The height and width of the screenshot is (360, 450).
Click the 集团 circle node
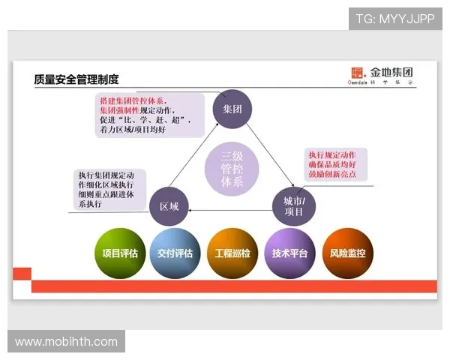pyautogui.click(x=230, y=109)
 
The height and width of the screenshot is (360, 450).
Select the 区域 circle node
pyautogui.click(x=169, y=205)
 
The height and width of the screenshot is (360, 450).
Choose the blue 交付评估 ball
pyautogui.click(x=175, y=253)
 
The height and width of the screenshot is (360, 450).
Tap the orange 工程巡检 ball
pyautogui.click(x=232, y=253)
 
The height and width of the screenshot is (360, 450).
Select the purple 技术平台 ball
pyautogui.click(x=290, y=253)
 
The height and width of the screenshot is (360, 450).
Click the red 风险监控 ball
pyautogui.click(x=347, y=253)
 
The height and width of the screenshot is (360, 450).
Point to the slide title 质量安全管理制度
pyautogui.click(x=76, y=79)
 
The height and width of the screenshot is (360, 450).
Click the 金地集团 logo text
pyautogui.click(x=391, y=73)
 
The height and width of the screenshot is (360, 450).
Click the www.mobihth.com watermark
pyautogui.click(x=66, y=342)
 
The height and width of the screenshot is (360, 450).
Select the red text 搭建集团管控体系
pyautogui.click(x=132, y=100)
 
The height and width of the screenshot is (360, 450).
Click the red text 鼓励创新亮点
pyautogui.click(x=332, y=175)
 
